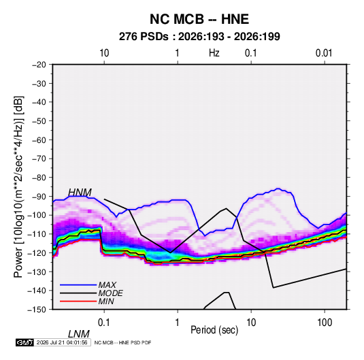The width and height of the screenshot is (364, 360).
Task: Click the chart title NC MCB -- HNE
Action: click(199, 19)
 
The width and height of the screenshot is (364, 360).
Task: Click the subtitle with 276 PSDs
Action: click(199, 37)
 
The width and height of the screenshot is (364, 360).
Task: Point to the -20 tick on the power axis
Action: click(39, 65)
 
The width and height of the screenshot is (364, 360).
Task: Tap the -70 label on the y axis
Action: click(39, 159)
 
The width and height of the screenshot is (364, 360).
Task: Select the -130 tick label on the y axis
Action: click(37, 272)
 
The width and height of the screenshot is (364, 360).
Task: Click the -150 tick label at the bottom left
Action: click(37, 310)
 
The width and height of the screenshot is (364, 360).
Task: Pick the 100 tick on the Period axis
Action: click(325, 323)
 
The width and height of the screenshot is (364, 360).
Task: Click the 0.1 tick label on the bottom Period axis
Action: click(104, 323)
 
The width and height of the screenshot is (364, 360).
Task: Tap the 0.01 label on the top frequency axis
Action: click(324, 53)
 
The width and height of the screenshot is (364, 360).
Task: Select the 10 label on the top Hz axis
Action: click(104, 53)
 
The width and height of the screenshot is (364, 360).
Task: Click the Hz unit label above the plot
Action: click(214, 53)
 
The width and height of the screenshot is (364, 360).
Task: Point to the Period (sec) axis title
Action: click(214, 330)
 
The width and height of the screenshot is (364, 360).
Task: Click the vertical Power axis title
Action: click(18, 187)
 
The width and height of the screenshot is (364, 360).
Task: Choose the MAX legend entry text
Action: click(107, 285)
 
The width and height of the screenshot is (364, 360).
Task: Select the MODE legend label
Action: click(110, 293)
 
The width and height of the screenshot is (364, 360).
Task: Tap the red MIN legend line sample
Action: click(78, 301)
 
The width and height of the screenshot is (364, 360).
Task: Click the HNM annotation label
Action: click(80, 193)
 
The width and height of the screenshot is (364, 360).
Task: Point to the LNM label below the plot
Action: click(79, 334)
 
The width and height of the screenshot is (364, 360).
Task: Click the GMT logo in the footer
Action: click(24, 342)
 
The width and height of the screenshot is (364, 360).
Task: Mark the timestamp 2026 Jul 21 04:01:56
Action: click(62, 342)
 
